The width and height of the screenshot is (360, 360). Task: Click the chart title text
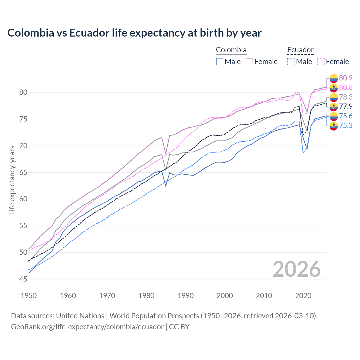coord(134,33)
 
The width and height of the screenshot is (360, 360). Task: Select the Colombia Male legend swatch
coord(220,62)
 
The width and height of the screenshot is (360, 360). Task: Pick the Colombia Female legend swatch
coord(249,62)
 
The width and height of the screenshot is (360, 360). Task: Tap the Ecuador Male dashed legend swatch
coord(291,62)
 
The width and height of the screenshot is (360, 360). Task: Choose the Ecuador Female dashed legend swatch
coord(321,62)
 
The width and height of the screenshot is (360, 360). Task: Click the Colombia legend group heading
coord(231,50)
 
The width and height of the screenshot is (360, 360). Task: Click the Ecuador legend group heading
coord(300,50)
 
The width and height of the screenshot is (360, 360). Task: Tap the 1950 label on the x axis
coord(29,296)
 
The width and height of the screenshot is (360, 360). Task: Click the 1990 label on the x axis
coord(186,296)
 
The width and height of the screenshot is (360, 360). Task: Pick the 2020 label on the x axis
coord(303,296)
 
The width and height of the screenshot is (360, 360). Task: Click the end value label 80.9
coord(346,78)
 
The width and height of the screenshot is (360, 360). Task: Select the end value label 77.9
coord(346,106)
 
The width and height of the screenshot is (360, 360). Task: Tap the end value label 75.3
coord(346,125)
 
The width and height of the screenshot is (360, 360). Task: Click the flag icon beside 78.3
coord(334,97)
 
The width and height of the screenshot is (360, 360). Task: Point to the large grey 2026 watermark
coord(297,269)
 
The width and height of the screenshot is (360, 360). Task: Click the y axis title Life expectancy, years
coord(12,180)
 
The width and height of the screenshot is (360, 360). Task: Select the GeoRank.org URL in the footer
coord(87,327)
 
